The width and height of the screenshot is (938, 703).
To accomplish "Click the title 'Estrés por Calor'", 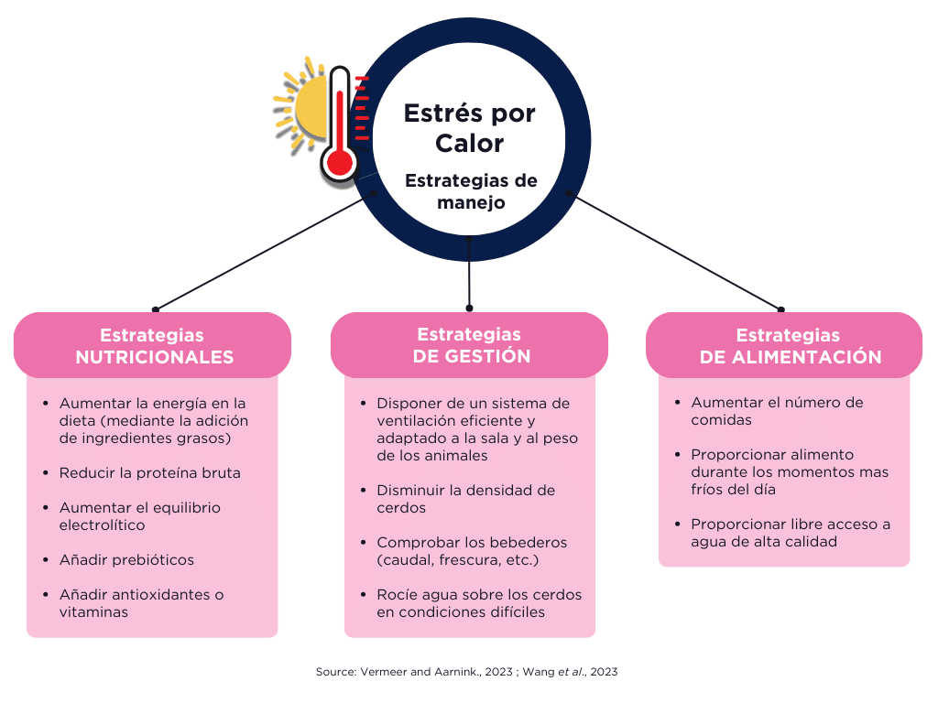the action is coord(470,128).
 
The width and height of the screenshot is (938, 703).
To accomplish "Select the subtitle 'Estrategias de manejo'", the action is coord(471,191).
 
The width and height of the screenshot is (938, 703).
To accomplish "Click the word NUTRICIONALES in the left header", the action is coord(154,357).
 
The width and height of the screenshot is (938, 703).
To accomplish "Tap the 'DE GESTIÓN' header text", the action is coord(472,356).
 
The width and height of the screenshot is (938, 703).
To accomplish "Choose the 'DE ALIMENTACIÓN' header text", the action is coord(791,357).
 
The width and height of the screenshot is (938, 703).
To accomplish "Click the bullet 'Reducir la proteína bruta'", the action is coord(149,473).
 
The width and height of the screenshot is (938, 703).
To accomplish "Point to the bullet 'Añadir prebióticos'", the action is coord(126,560).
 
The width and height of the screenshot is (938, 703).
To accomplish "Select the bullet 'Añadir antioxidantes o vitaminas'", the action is coord(141,603).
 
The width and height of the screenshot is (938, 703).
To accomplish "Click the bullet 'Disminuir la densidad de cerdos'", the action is coord(465,499).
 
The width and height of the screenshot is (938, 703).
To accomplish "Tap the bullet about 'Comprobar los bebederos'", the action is coord(472,551).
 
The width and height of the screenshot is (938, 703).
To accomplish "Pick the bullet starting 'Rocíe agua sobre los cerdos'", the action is coord(478,603).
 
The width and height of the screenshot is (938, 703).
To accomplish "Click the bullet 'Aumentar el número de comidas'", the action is coord(777,411).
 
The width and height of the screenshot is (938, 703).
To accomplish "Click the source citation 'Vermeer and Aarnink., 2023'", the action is coord(436,672).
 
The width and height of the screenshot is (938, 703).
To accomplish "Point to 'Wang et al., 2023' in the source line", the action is coord(570,672).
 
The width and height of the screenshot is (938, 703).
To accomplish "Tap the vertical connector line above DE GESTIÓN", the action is coord(469,273).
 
